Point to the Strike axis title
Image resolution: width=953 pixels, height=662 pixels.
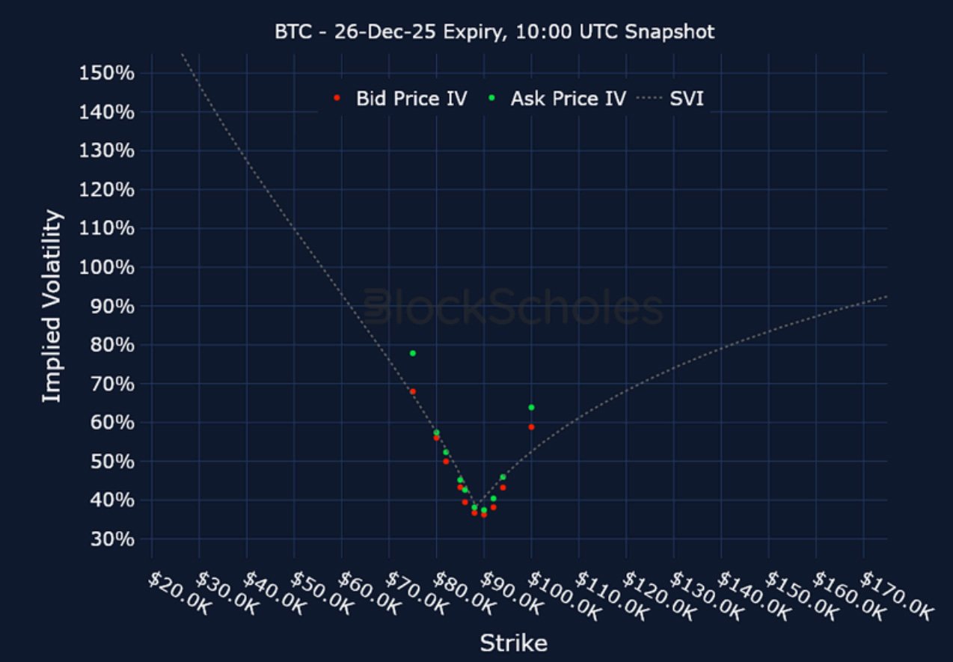(x=513, y=643)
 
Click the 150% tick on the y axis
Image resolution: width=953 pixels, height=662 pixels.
(x=105, y=73)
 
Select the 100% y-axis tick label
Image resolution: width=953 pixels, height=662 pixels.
(x=105, y=267)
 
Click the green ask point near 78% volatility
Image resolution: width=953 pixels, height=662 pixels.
(x=412, y=353)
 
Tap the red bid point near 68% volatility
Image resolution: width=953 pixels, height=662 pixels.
(x=412, y=391)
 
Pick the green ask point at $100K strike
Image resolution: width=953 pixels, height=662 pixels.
(x=531, y=407)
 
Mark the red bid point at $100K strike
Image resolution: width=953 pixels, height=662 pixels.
(x=531, y=426)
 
